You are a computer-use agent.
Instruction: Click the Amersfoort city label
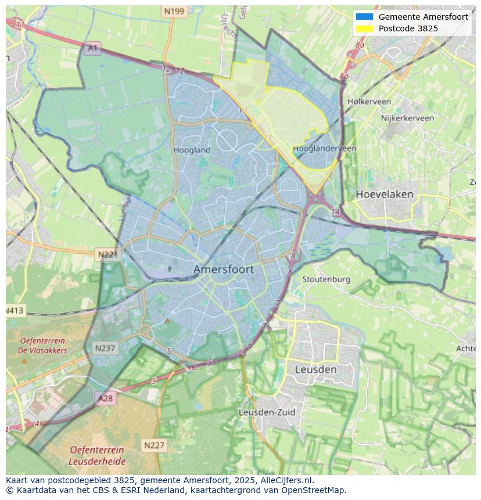(x=223, y=269)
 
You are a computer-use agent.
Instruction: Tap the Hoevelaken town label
(x=385, y=194)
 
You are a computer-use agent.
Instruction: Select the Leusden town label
(x=315, y=369)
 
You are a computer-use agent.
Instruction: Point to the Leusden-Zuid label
(x=267, y=412)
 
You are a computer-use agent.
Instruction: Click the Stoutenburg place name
(x=326, y=279)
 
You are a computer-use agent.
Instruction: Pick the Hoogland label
(x=192, y=150)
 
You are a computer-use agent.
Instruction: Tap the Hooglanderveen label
(x=324, y=149)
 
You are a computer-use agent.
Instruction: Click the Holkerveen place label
(x=369, y=102)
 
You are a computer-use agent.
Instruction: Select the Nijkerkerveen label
(x=407, y=118)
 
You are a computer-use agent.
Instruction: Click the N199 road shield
(x=174, y=11)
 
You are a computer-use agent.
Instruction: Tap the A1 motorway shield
(x=92, y=48)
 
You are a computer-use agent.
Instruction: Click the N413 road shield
(x=15, y=311)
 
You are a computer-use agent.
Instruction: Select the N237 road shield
(x=105, y=348)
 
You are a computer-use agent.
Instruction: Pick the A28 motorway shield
(x=106, y=398)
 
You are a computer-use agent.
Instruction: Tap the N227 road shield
(x=154, y=445)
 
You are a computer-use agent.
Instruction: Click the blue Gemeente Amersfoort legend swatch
(x=364, y=17)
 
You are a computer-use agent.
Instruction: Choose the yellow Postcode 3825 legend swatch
(x=364, y=28)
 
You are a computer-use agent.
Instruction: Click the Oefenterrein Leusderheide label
(x=96, y=455)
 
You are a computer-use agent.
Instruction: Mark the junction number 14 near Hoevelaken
(x=335, y=212)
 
